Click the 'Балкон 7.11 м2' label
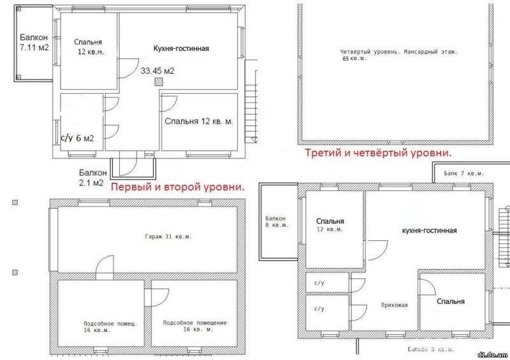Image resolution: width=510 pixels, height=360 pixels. point(34,43)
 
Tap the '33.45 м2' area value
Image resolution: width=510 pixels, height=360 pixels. point(157,71)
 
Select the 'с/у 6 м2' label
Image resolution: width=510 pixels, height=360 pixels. point(77,138)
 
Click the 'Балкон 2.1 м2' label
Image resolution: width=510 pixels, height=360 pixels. point(92,178)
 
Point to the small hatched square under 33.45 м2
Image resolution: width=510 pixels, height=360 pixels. point(159,82)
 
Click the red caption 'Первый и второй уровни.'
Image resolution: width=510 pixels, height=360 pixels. point(178,187)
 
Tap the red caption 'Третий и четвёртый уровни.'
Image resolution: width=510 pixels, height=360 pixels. point(378,152)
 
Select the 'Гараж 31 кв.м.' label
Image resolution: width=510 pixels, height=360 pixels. point(168,236)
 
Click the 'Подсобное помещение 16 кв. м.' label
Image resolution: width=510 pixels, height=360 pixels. point(195,326)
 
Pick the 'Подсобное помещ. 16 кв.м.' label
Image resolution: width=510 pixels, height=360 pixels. point(110,327)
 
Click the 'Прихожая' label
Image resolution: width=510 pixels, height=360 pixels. point(394,305)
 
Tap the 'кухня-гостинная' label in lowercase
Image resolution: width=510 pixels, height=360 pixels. point(429,231)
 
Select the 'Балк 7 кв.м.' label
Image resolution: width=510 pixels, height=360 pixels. point(463,173)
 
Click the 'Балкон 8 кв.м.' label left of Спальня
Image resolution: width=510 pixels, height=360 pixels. point(277,222)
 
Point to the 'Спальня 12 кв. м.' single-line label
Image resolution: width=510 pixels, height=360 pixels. point(199,121)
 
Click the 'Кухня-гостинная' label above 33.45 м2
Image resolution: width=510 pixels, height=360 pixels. point(181,48)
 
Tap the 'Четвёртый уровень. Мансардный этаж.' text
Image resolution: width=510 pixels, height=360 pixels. point(399,52)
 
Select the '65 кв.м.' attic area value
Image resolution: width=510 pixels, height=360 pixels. point(354,59)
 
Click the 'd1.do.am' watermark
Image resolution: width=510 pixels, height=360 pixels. point(492,355)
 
